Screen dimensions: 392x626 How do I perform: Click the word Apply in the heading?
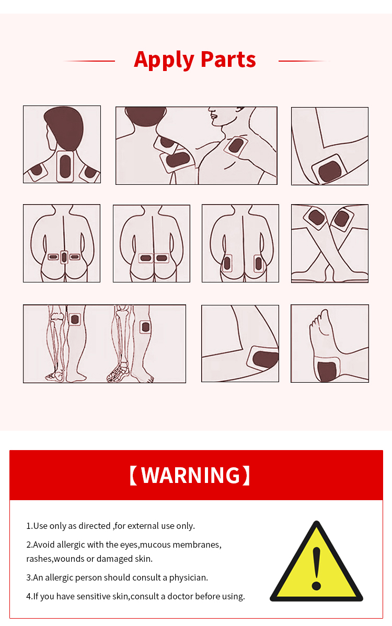click(x=164, y=60)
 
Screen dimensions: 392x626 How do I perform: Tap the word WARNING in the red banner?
click(x=191, y=475)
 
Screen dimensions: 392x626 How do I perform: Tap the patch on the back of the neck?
click(x=65, y=167)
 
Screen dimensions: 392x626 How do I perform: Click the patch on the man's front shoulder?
click(x=236, y=146)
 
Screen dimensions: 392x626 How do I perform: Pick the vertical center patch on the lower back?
click(x=64, y=257)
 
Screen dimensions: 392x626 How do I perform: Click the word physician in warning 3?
click(x=189, y=577)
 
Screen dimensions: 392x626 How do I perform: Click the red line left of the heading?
click(x=89, y=61)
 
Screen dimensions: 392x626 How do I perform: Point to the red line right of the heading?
click(x=304, y=61)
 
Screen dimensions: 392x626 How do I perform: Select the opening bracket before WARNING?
click(x=133, y=475)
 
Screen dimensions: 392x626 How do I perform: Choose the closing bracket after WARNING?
click(x=246, y=475)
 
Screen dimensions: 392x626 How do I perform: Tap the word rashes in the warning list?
click(x=39, y=559)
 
